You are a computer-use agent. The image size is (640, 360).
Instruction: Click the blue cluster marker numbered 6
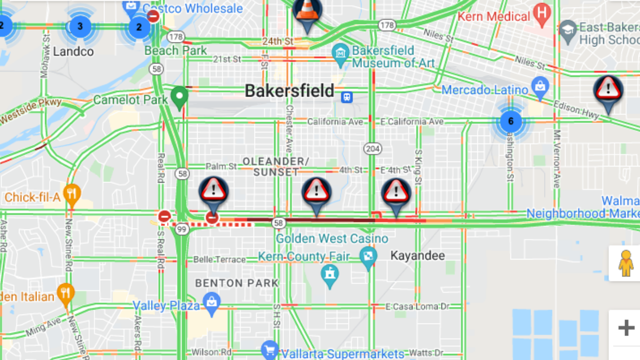click(x=510, y=121)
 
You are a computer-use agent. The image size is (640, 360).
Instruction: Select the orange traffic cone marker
click(x=307, y=12)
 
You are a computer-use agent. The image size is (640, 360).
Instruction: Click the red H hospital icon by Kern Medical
click(x=541, y=15)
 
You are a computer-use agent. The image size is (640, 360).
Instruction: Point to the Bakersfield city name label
click(x=289, y=91)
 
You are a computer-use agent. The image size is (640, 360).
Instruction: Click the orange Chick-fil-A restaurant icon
click(x=72, y=195)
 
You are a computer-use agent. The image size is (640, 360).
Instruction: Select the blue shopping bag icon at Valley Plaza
click(x=212, y=302)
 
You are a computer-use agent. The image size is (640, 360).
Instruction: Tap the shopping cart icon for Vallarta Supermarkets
click(x=269, y=349)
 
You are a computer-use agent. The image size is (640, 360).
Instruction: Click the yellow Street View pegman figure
click(x=625, y=263)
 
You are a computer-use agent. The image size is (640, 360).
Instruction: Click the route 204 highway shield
click(x=373, y=148)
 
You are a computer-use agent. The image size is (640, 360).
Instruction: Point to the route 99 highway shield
click(x=182, y=229)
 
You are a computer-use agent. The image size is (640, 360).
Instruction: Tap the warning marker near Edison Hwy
click(x=608, y=91)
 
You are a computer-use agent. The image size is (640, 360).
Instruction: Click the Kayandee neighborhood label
click(x=417, y=256)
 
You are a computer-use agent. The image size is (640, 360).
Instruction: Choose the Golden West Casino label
click(x=332, y=238)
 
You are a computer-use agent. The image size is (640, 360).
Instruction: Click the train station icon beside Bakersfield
click(x=346, y=97)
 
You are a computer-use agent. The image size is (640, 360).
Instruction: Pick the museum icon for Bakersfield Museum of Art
click(x=341, y=53)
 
